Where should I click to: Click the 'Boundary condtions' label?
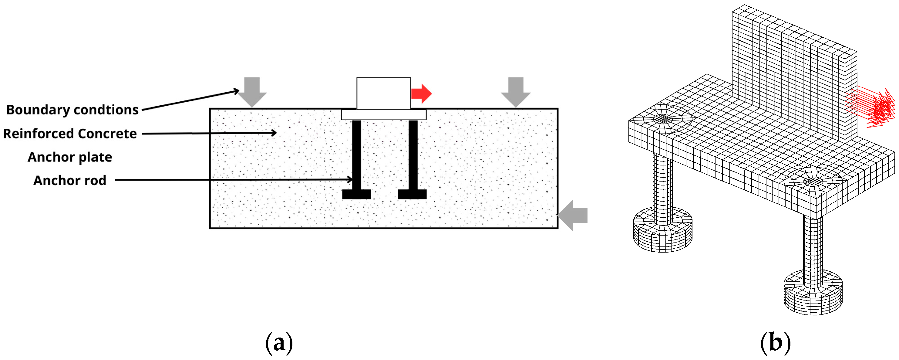click(x=72, y=110)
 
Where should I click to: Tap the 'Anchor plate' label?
click(x=70, y=157)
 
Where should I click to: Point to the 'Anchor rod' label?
click(x=70, y=181)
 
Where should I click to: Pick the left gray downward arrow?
click(x=252, y=91)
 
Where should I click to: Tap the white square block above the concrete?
click(x=384, y=93)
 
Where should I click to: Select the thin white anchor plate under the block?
click(x=384, y=114)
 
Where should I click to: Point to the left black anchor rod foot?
click(x=356, y=194)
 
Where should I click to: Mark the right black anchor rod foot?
click(x=412, y=194)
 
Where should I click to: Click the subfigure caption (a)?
click(x=279, y=343)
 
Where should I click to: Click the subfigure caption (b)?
click(x=776, y=343)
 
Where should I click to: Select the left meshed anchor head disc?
click(x=662, y=230)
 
